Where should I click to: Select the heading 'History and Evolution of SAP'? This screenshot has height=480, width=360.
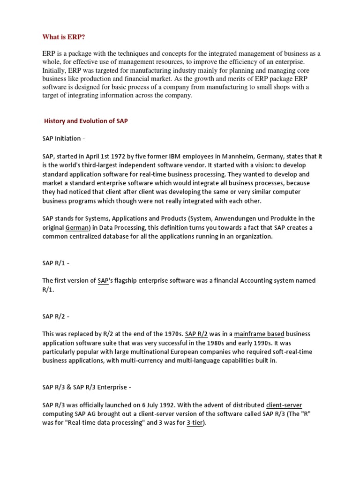[86, 121]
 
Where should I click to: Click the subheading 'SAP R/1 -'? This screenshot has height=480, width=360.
[56, 263]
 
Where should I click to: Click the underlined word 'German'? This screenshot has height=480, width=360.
[77, 227]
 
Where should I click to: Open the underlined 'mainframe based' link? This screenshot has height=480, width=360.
[259, 334]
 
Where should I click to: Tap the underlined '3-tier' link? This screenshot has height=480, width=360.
[196, 423]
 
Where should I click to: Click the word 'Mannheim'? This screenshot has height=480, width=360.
[242, 157]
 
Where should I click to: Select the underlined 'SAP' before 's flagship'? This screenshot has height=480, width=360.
[103, 281]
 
